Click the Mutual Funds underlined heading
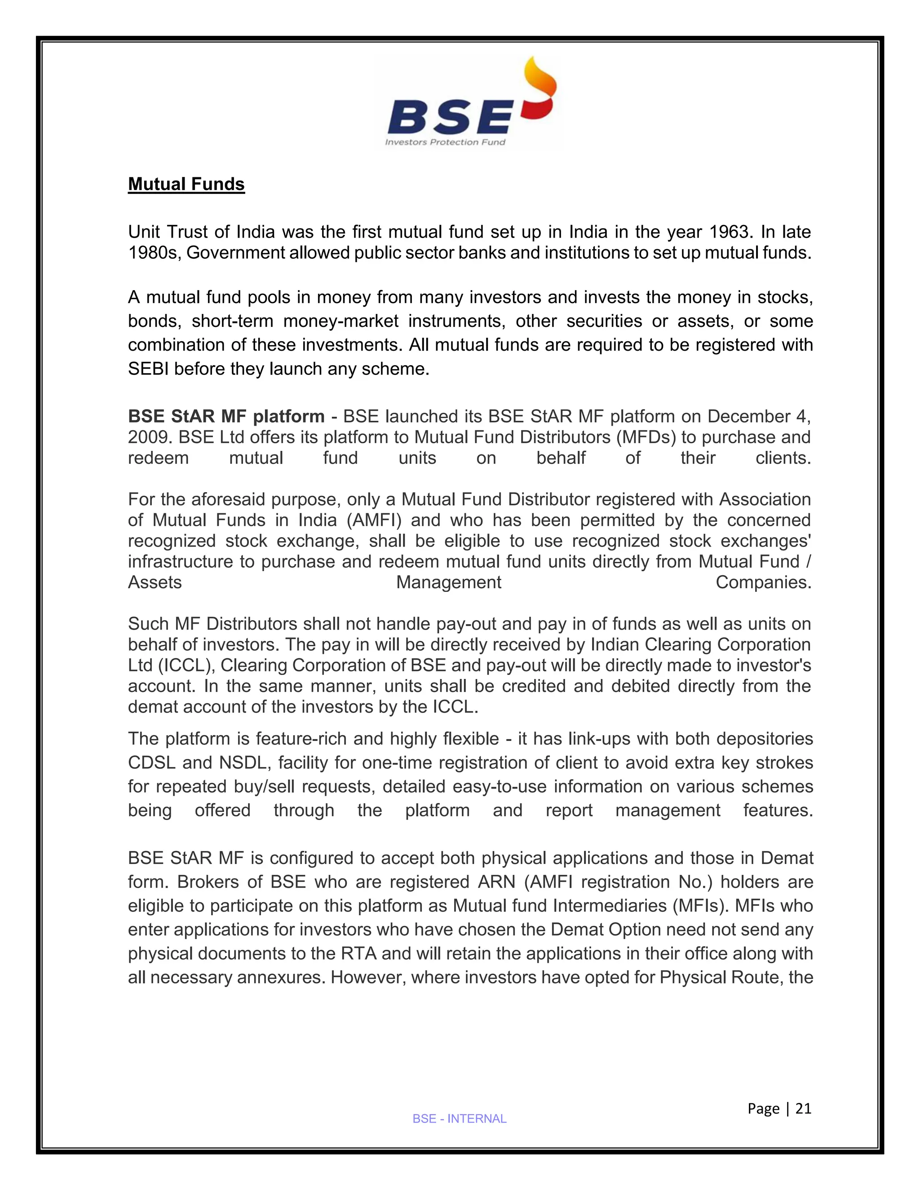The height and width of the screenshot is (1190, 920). (x=186, y=184)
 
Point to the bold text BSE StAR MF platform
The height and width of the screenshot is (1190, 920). (x=226, y=416)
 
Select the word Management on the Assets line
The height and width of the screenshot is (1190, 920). (x=449, y=582)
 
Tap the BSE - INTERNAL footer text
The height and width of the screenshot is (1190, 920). (x=460, y=1119)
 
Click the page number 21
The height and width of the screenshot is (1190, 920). (x=803, y=1108)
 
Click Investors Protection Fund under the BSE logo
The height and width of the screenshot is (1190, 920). (x=445, y=142)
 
